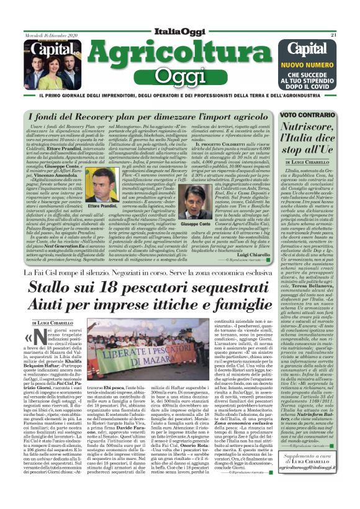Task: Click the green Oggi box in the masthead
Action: click(179, 76)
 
